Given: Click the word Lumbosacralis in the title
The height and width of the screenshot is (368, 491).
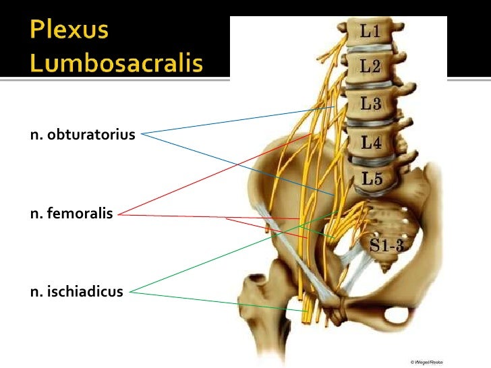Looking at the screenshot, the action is (x=116, y=64).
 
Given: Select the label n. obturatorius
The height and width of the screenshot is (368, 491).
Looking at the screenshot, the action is (x=83, y=135).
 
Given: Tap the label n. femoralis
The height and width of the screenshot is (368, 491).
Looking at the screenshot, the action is (x=70, y=217).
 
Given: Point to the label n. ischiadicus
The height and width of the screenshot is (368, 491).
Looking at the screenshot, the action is (x=76, y=292).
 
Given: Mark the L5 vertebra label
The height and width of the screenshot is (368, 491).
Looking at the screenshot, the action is (x=372, y=179).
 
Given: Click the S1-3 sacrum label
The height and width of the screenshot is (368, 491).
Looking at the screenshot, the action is (x=386, y=245).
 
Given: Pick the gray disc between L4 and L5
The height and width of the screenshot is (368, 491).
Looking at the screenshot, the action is (x=370, y=162).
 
